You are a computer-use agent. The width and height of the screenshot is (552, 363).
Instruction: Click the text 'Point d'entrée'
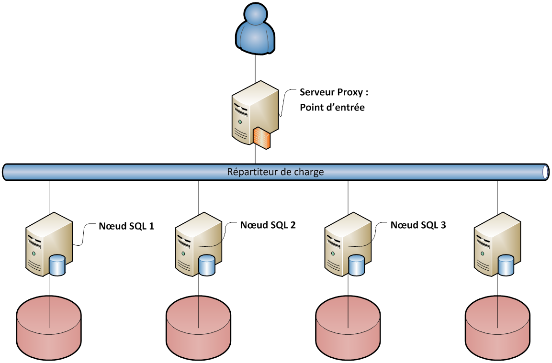coord(332,108)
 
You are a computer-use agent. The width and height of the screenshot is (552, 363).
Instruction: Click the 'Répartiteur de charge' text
coord(275,172)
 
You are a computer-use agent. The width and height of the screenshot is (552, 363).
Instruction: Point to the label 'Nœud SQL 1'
coord(126,226)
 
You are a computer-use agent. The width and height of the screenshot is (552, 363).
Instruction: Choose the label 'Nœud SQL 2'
coord(268,225)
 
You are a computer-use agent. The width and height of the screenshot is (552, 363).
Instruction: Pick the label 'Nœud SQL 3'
coord(418,225)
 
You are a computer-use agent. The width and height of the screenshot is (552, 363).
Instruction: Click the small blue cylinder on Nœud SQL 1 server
coord(57,265)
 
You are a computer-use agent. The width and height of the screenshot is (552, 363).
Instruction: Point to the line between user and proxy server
coord(256,67)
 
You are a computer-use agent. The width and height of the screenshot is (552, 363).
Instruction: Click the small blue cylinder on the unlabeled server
coord(505,265)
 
